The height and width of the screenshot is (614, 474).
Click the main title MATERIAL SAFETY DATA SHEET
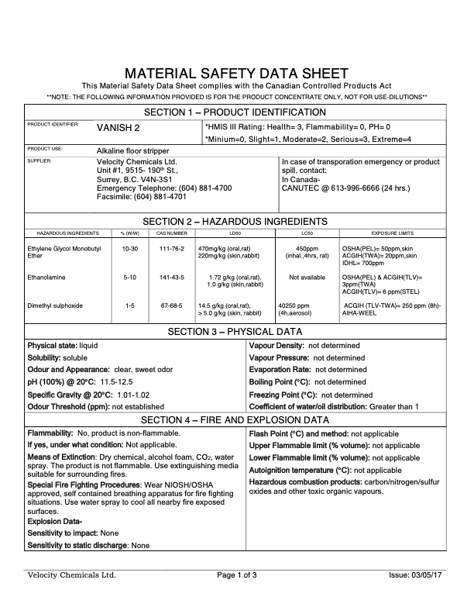236,73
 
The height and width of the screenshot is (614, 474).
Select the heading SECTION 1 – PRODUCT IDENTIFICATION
236,112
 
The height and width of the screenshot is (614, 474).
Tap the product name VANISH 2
118,127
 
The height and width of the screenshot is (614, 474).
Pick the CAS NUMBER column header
171,233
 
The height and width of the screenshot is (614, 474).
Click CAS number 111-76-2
171,248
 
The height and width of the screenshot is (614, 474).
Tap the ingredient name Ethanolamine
48,275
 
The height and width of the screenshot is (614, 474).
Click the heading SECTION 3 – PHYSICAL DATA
236,332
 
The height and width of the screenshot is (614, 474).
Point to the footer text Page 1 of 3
237,575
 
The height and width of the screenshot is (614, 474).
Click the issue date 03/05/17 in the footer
429,575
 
